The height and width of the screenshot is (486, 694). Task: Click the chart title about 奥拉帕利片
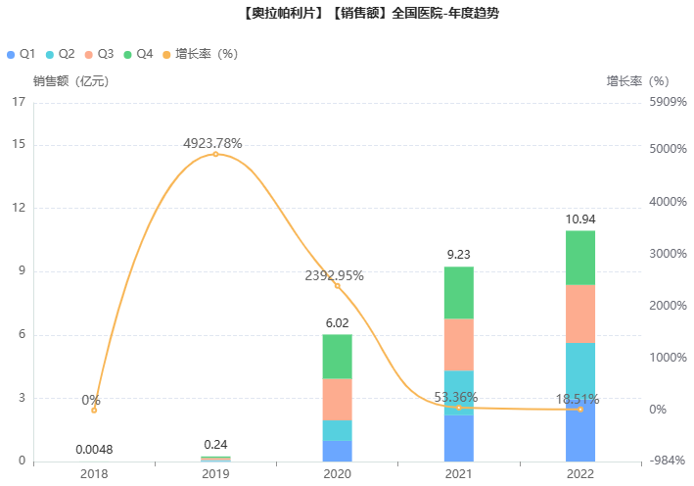(347, 14)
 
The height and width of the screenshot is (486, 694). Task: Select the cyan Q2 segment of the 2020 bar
(337, 430)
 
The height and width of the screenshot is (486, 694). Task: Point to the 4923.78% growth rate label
(212, 143)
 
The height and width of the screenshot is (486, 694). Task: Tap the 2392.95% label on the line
(334, 275)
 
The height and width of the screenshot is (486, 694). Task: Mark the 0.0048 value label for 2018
(94, 450)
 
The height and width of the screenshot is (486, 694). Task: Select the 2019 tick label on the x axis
(215, 473)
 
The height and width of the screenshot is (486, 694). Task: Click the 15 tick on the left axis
(19, 145)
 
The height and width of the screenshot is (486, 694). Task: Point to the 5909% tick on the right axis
(669, 102)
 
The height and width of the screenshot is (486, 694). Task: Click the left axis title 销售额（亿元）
(70, 81)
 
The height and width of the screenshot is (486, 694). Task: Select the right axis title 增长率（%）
(637, 81)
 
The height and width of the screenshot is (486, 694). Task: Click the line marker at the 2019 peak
(215, 154)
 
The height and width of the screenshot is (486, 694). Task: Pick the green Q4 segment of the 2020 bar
(337, 357)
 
